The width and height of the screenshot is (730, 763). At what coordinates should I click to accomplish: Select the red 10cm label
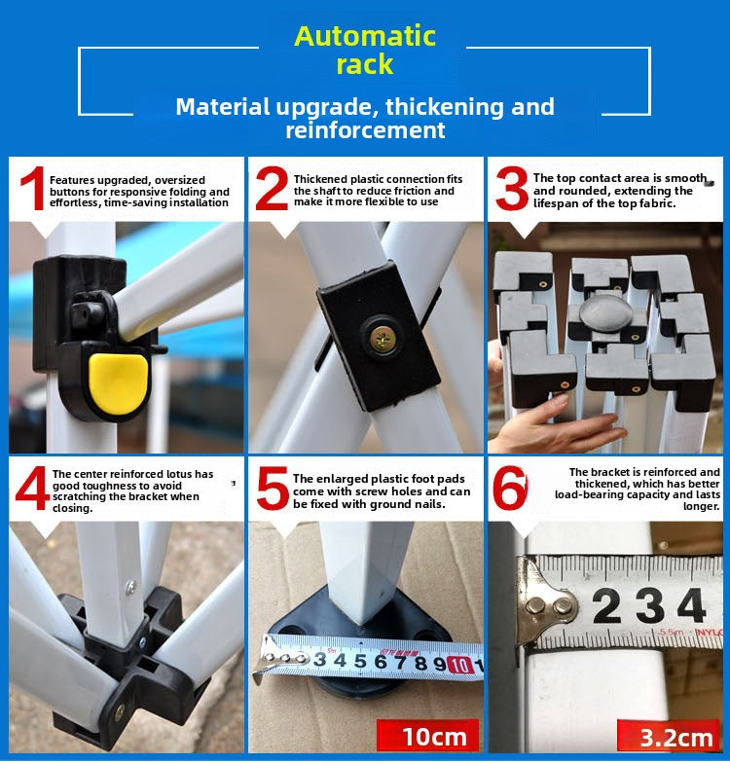[x=428, y=736]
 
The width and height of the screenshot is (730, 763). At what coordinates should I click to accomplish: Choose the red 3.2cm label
[x=669, y=737]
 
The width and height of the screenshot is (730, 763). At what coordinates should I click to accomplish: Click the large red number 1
[x=33, y=189]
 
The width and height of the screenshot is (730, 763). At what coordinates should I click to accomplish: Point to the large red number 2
[x=272, y=189]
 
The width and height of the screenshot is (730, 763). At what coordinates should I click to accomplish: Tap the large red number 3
[x=512, y=189]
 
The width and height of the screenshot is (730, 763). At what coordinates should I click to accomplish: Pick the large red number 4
[x=32, y=489]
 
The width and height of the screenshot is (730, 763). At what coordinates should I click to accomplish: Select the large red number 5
[x=273, y=489]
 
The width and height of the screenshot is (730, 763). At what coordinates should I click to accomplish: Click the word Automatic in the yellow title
[x=364, y=36]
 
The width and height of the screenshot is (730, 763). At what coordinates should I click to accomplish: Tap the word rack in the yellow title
[x=364, y=64]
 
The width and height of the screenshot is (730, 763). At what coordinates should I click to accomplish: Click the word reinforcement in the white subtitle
[x=365, y=130]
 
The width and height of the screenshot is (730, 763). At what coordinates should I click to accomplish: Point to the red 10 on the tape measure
[x=459, y=665]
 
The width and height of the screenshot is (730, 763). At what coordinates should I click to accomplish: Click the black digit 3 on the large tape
[x=650, y=606]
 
